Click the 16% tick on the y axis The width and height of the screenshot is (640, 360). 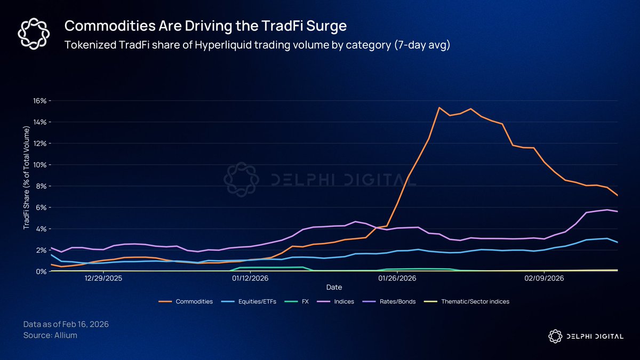click(42, 101)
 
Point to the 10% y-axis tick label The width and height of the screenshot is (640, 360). click(42, 165)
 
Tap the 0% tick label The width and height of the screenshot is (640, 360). click(43, 271)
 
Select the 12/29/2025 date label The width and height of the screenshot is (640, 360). click(103, 278)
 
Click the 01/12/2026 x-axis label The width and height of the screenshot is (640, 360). click(250, 278)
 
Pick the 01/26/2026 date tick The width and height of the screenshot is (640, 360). click(396, 278)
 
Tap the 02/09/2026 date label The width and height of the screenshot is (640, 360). click(543, 278)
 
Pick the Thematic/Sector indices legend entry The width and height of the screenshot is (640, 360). click(475, 302)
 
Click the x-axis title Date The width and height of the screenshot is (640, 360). click(334, 287)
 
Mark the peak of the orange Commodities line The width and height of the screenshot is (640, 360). click(439, 108)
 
